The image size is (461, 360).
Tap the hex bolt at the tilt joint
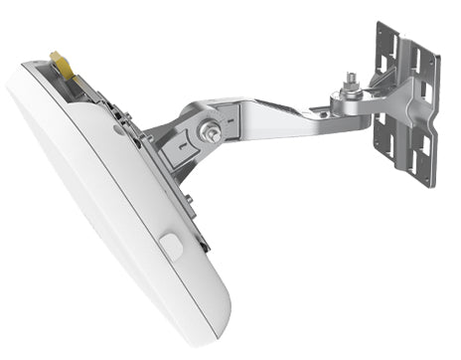coord(209,130)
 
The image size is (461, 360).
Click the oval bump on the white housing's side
coord(170,245)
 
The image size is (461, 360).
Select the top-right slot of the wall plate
coord(428,60)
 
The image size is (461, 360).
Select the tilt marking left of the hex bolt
coord(180,139)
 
